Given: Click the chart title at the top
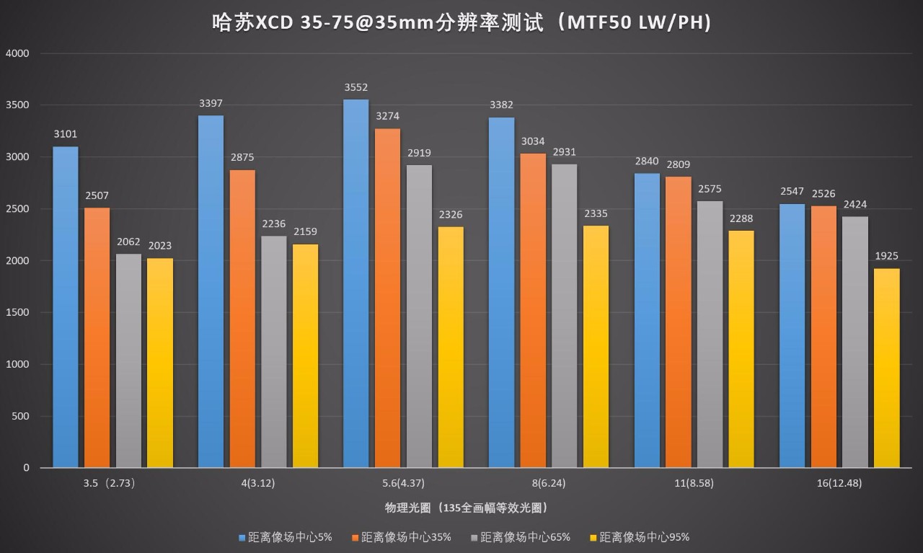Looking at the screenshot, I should click(x=461, y=23).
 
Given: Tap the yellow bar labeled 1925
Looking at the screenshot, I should click(x=887, y=368).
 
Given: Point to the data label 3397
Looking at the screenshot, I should click(x=211, y=103).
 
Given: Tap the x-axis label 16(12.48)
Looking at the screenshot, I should click(x=839, y=483).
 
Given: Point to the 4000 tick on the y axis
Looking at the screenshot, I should click(x=17, y=53).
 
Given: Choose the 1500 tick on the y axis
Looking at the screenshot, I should click(x=17, y=312).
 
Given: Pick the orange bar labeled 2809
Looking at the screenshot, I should click(x=679, y=322).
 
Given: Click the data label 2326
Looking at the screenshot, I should click(x=451, y=215).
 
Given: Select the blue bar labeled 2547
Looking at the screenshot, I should click(x=792, y=335).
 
